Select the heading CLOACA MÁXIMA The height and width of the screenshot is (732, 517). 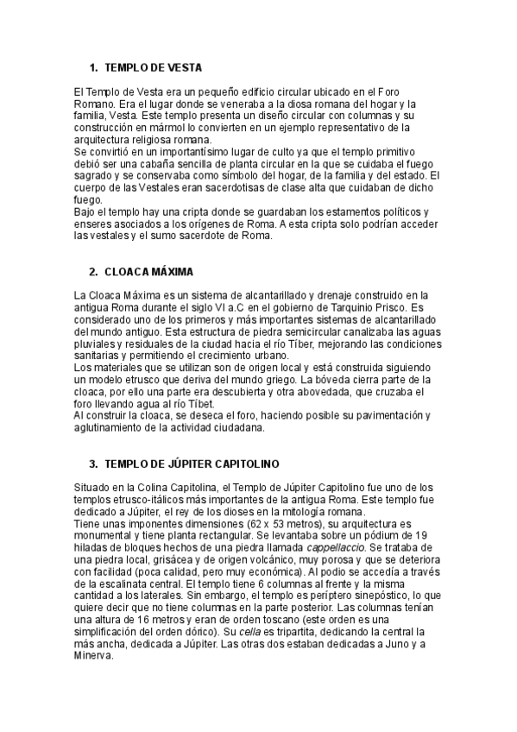[148, 271]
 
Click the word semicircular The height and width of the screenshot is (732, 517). [259, 331]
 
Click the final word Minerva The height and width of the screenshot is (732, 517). [95, 655]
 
